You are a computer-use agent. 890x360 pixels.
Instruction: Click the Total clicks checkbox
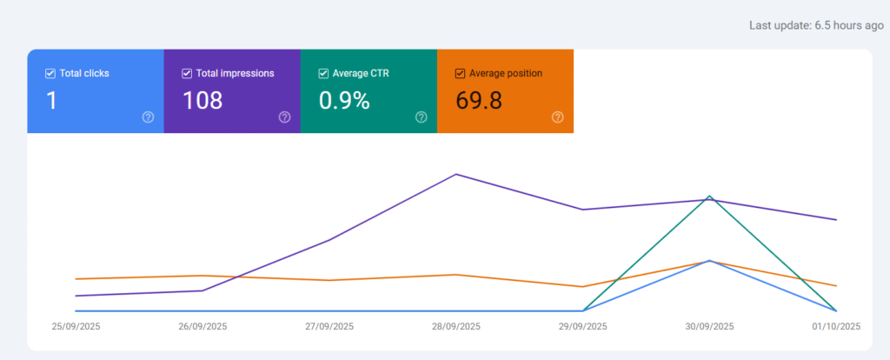pyautogui.click(x=50, y=74)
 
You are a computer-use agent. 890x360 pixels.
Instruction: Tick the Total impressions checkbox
pyautogui.click(x=187, y=74)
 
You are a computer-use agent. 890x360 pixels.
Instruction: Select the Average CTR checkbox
pyautogui.click(x=324, y=74)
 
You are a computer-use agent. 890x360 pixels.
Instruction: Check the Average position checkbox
pyautogui.click(x=461, y=74)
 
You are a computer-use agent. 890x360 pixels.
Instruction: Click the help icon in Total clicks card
pyautogui.click(x=148, y=117)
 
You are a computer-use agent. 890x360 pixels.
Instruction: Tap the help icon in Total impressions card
pyautogui.click(x=284, y=117)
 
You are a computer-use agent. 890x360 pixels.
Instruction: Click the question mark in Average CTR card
pyautogui.click(x=422, y=117)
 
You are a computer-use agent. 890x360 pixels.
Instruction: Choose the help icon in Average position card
pyautogui.click(x=558, y=117)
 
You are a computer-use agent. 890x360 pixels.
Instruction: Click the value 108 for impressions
pyautogui.click(x=203, y=101)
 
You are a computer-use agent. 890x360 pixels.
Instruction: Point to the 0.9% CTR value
pyautogui.click(x=344, y=101)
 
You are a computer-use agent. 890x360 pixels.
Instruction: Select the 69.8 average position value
pyautogui.click(x=479, y=101)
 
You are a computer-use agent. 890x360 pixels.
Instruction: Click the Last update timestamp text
pyautogui.click(x=816, y=25)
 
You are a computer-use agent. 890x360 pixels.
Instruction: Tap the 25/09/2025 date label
pyautogui.click(x=76, y=327)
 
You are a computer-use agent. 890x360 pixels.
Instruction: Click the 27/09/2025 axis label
pyautogui.click(x=329, y=327)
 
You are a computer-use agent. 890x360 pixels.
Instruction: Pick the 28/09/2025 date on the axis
pyautogui.click(x=456, y=327)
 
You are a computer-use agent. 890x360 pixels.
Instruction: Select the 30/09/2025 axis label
pyautogui.click(x=710, y=327)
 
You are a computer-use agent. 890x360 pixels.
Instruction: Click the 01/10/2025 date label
pyautogui.click(x=836, y=327)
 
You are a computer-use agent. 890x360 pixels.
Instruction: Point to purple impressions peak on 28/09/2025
pyautogui.click(x=456, y=174)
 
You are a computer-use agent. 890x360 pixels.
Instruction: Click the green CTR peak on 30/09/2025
pyautogui.click(x=710, y=197)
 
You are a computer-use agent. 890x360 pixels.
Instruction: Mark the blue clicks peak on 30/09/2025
pyautogui.click(x=710, y=261)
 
